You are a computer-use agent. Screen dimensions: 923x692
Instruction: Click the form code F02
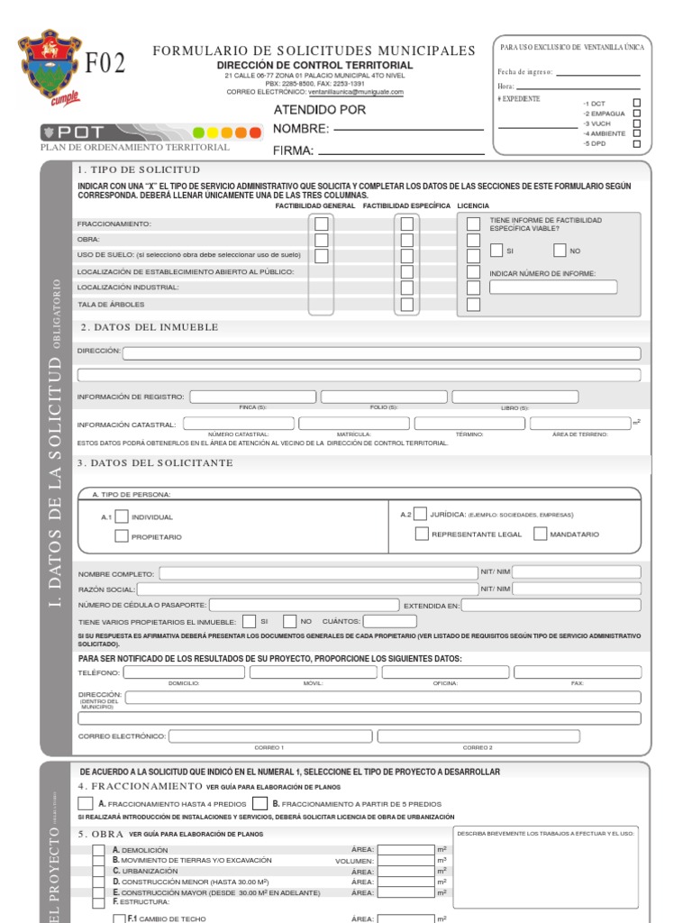pyautogui.click(x=105, y=63)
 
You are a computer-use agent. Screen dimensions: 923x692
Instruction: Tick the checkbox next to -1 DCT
pyautogui.click(x=637, y=103)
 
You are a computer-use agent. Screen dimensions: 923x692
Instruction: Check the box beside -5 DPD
pyautogui.click(x=637, y=143)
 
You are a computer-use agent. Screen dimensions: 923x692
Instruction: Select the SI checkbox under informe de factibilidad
pyautogui.click(x=496, y=251)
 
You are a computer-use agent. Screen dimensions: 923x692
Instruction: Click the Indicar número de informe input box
pyautogui.click(x=553, y=288)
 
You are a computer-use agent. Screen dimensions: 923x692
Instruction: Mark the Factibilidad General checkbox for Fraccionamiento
pyautogui.click(x=321, y=224)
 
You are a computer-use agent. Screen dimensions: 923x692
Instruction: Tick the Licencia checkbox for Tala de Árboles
pyautogui.click(x=473, y=305)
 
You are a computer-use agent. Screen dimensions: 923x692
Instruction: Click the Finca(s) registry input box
pyautogui.click(x=252, y=397)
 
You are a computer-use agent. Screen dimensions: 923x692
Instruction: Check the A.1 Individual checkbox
pyautogui.click(x=122, y=516)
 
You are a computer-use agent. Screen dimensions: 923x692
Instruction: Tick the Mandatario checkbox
pyautogui.click(x=540, y=534)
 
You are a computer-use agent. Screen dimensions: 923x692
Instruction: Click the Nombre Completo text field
pyautogui.click(x=318, y=572)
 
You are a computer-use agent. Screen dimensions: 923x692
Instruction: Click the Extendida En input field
pyautogui.click(x=551, y=605)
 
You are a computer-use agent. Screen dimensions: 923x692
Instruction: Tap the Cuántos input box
pyautogui.click(x=389, y=621)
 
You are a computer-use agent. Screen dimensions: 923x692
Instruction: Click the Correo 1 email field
pyautogui.click(x=269, y=736)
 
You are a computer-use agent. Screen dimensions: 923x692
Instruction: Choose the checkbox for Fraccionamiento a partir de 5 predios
pyautogui.click(x=259, y=803)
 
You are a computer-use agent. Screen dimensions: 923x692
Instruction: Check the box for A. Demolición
pyautogui.click(x=98, y=849)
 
